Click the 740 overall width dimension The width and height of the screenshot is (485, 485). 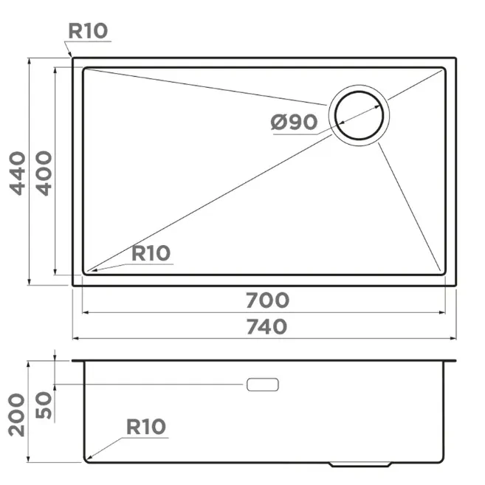point(266,327)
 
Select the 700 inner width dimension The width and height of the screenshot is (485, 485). point(267,300)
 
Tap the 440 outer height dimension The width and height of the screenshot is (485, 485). point(18,173)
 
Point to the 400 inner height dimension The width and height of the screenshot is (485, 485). point(44,173)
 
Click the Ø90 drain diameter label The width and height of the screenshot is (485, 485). point(294,122)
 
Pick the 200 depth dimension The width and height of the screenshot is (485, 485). point(16,415)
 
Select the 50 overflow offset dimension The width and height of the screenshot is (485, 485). point(44,405)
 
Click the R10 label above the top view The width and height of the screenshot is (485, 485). point(88,31)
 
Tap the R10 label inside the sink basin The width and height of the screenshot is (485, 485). point(151,253)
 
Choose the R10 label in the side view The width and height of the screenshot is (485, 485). point(146,427)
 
